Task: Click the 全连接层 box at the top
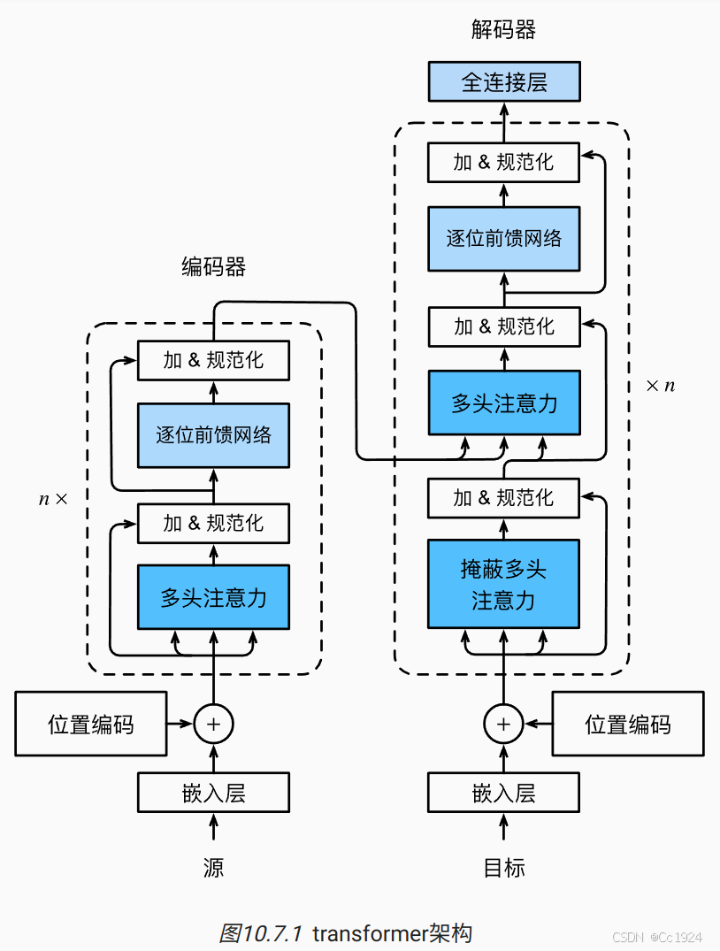point(503,82)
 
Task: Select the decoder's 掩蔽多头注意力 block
point(503,584)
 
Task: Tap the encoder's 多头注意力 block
point(213,597)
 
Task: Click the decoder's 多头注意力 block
point(503,403)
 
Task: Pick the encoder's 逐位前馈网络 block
point(213,434)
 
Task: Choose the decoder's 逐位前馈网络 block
point(503,238)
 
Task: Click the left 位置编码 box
point(91,725)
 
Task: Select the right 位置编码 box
point(628,725)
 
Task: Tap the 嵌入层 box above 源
point(213,792)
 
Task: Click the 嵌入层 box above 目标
point(503,792)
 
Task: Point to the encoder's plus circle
point(213,724)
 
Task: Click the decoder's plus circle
point(503,724)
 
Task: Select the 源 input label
point(213,868)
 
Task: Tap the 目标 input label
point(503,868)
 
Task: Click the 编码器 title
point(213,266)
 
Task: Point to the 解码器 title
point(503,30)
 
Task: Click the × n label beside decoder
point(660,386)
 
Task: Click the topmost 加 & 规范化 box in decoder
point(503,163)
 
